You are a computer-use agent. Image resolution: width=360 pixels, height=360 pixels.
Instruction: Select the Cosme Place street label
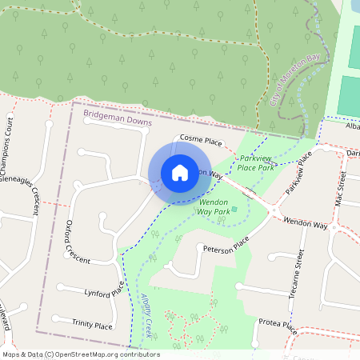click(x=201, y=140)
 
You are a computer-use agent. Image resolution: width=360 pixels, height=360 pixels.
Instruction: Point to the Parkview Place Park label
click(x=257, y=163)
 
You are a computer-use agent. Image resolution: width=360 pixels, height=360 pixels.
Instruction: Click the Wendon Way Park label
click(x=214, y=206)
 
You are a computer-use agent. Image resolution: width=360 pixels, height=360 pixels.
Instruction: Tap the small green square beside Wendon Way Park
click(x=234, y=210)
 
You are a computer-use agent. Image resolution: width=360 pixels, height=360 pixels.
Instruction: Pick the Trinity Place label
click(x=92, y=326)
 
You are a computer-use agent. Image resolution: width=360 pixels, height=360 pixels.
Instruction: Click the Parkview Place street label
click(x=295, y=183)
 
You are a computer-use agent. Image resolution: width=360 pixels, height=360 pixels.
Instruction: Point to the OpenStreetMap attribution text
click(x=80, y=354)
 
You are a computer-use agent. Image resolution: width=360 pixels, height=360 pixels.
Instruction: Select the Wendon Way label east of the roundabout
click(x=306, y=223)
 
